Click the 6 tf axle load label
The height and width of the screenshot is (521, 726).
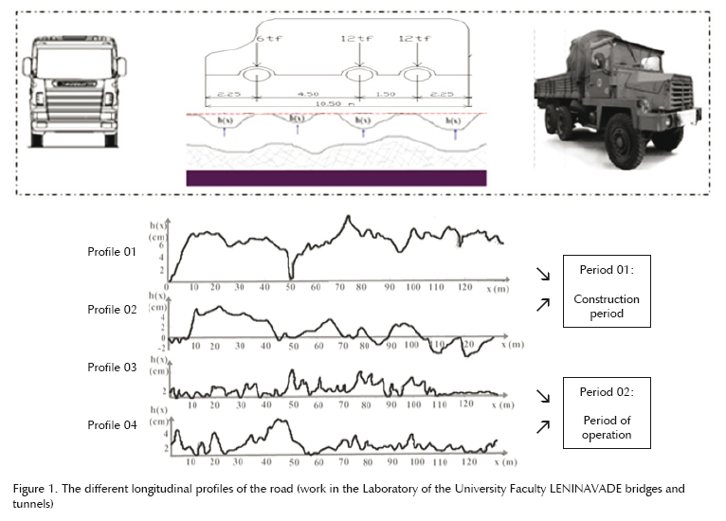[x=265, y=38]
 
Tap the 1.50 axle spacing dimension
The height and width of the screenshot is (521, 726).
[x=386, y=95]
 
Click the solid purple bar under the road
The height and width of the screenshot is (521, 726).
[x=336, y=177]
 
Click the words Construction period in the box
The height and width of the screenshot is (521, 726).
[x=607, y=306]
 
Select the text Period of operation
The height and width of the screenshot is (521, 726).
[x=607, y=428]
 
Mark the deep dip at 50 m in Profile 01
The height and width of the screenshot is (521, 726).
[x=291, y=276]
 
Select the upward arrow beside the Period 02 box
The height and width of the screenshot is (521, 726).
[x=543, y=427]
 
